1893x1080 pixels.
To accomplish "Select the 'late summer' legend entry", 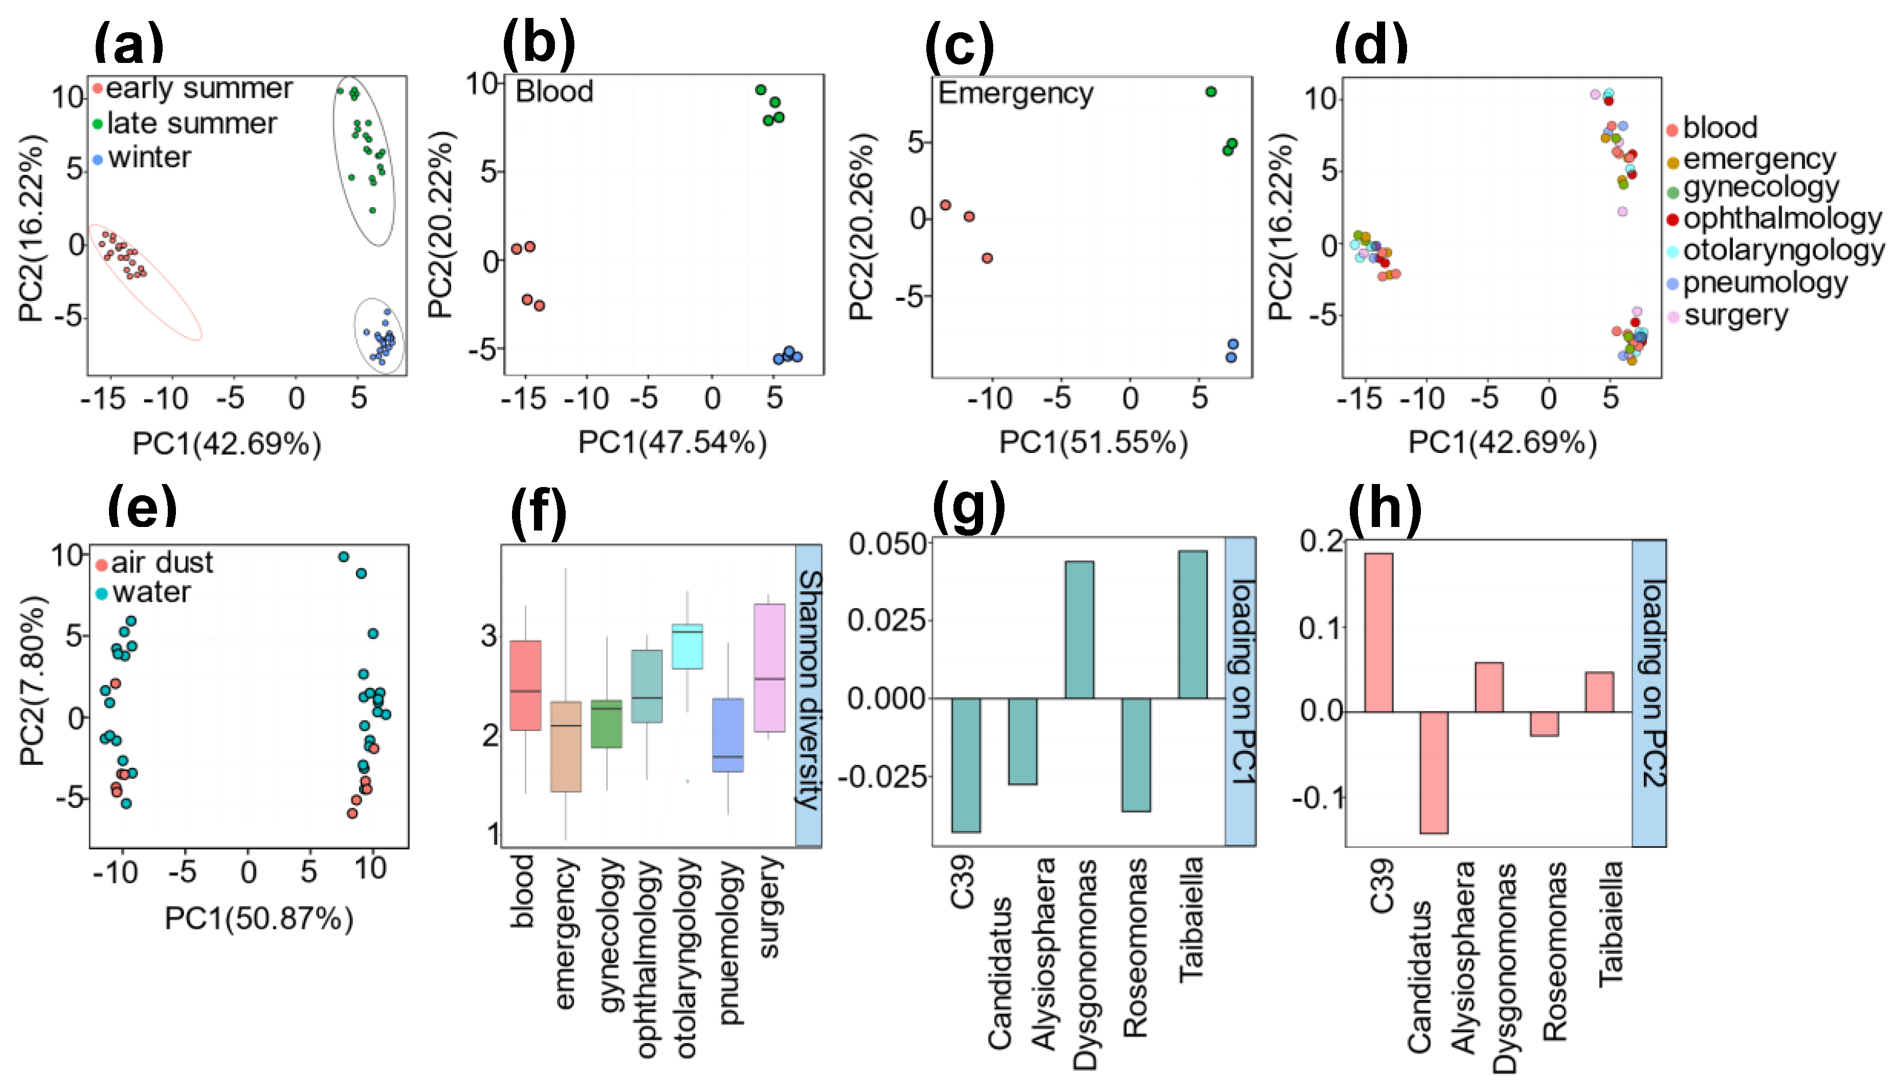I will point(191,123).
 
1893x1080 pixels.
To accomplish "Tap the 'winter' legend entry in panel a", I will point(149,157).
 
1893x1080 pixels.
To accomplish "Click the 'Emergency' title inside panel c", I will point(1015,94).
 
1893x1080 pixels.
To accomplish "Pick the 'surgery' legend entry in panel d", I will point(1735,315).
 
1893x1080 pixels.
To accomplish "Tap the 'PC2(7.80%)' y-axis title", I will point(33,681).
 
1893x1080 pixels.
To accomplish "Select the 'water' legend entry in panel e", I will point(150,592).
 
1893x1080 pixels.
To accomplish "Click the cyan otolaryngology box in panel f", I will point(687,646).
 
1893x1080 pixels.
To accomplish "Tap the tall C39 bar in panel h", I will point(1378,632).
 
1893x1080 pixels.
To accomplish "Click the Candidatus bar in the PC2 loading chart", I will point(1433,772).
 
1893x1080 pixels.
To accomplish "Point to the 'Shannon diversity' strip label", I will point(808,690).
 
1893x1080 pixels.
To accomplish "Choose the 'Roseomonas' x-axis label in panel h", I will point(1554,950).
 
